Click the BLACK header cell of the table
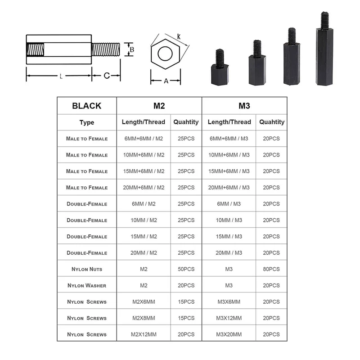[x=86, y=106]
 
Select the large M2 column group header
[x=159, y=106]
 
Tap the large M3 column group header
[x=244, y=106]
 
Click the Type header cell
[x=86, y=122]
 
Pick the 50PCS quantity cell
[x=186, y=269]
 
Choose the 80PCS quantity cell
[x=271, y=269]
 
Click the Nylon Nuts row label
[x=86, y=269]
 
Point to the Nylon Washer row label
[x=86, y=285]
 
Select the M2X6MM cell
[x=143, y=301]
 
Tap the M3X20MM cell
[x=229, y=334]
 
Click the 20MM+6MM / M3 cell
[x=229, y=187]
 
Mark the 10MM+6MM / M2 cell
[x=143, y=155]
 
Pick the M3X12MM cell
[x=229, y=318]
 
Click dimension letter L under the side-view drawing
[x=61, y=76]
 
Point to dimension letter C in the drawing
[x=107, y=76]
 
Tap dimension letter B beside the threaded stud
[x=131, y=49]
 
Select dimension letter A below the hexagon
[x=165, y=81]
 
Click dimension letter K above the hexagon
[x=179, y=36]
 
